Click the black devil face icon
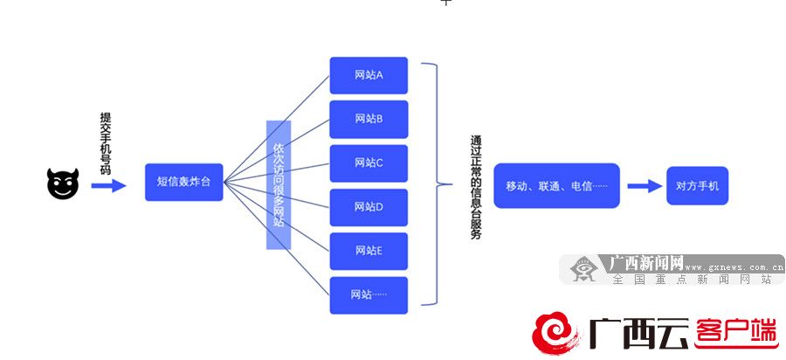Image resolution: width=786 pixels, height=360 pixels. [63, 185]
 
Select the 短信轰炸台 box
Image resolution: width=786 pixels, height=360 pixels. [184, 183]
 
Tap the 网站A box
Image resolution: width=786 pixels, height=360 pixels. [369, 75]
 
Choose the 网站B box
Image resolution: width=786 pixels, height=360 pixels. [369, 119]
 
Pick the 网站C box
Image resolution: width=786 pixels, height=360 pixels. [369, 163]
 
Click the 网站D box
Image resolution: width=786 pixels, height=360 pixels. [369, 207]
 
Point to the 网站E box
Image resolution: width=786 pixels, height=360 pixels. [369, 251]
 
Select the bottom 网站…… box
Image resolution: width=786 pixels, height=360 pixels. [369, 294]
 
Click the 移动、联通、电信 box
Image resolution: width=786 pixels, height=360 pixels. [556, 185]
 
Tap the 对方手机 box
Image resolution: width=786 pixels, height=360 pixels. [697, 185]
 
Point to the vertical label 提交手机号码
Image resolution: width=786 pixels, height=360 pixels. [106, 143]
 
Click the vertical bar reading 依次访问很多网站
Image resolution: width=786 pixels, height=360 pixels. [279, 184]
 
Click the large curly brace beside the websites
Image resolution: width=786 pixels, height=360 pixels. [433, 184]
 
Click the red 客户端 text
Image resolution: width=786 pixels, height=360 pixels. [735, 333]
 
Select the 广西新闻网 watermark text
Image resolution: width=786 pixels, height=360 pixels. [646, 262]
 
